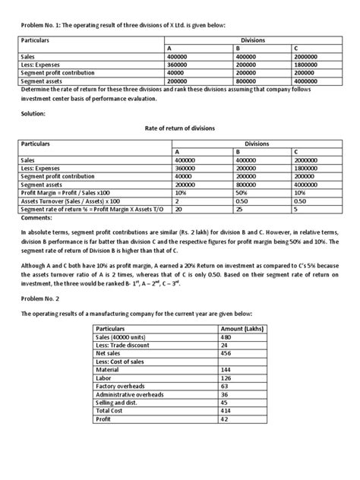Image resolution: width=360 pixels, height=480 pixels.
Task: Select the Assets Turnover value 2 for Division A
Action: point(176,202)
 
